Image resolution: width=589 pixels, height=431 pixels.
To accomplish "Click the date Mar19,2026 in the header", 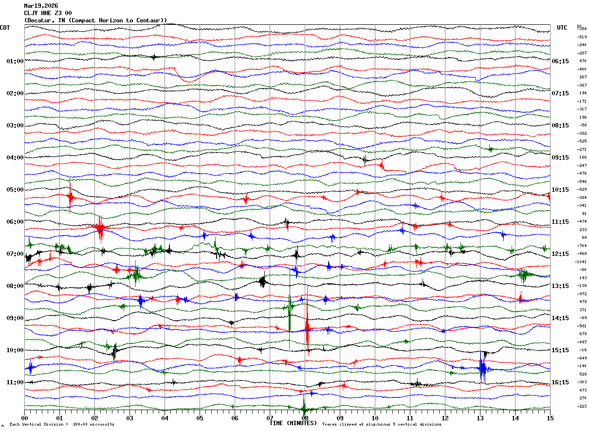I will (41, 6).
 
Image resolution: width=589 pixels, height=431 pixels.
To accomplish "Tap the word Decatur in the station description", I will (40, 20).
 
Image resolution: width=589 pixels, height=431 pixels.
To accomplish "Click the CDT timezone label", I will (5, 28).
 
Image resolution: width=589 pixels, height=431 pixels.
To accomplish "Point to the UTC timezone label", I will (562, 28).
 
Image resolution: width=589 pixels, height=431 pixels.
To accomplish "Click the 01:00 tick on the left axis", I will (15, 61).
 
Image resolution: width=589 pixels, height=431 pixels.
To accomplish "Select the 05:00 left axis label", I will (15, 190).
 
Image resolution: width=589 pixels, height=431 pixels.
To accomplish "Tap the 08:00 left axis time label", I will (15, 286).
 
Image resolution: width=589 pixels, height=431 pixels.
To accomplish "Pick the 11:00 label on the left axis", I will (15, 382).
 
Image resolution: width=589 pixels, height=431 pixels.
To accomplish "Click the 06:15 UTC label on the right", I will (560, 61).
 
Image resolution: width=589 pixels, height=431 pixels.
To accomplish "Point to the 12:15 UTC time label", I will (560, 254).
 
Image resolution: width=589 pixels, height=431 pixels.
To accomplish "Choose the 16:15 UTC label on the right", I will (560, 382).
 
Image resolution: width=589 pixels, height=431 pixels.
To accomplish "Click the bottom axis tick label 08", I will (305, 418).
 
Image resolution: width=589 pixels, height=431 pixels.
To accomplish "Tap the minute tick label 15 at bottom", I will (550, 418).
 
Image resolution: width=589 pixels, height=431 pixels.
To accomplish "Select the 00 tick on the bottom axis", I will (24, 418).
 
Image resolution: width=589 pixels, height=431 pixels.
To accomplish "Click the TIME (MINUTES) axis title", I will (293, 423).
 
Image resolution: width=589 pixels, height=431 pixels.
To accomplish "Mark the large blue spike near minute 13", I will (482, 367).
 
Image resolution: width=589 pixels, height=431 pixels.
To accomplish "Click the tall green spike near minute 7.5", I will (290, 316).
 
